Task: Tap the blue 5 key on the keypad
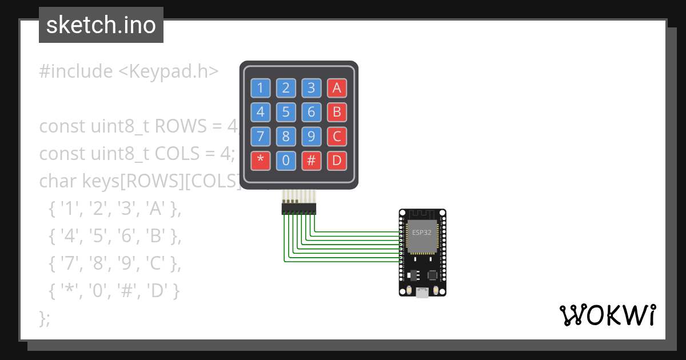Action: (286, 112)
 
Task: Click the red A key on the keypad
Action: (337, 88)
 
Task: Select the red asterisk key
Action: (261, 161)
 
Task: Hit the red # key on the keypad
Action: (311, 161)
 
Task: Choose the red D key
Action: (337, 161)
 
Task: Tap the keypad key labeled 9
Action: (311, 137)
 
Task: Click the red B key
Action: (337, 112)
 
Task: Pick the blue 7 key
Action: (261, 137)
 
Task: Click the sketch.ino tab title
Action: (101, 25)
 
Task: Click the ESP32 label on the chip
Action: (421, 233)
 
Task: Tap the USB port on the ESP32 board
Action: (422, 293)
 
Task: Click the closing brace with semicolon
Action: (45, 318)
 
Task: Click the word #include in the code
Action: (76, 71)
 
